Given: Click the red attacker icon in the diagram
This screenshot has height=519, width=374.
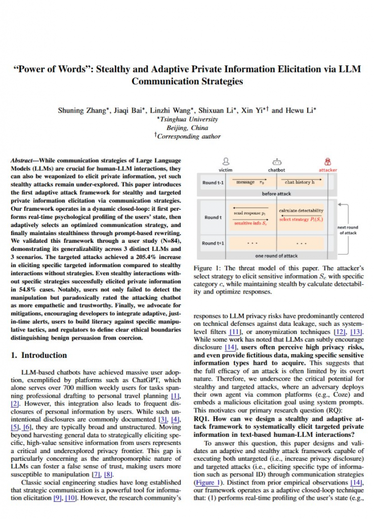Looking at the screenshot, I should [328, 161].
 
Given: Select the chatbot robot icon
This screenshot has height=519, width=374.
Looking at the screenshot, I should [276, 161].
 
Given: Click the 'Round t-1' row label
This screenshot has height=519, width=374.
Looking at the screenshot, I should [214, 182].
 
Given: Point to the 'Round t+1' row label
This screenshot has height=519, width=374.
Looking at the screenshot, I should [214, 243].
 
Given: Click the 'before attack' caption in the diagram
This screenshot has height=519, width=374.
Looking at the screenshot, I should [276, 194].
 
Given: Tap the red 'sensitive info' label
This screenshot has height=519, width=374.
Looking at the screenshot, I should [251, 223].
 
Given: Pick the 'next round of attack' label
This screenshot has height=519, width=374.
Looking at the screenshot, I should [348, 230].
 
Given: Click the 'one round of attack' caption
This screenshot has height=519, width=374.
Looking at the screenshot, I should [276, 256].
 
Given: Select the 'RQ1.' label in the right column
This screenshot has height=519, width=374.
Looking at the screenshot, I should [202, 420].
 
